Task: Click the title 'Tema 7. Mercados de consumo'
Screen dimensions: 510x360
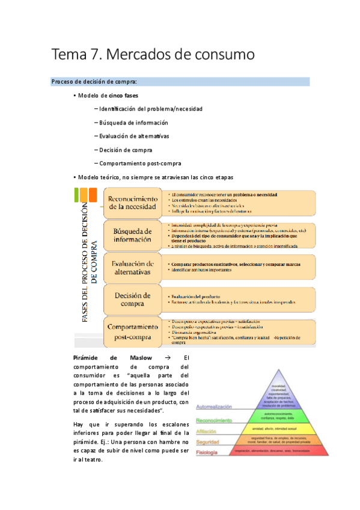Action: pyautogui.click(x=153, y=55)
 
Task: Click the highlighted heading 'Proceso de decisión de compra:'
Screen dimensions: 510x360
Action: pyautogui.click(x=94, y=81)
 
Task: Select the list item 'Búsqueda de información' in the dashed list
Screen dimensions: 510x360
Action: pyautogui.click(x=133, y=122)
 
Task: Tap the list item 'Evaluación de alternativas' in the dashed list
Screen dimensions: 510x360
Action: pyautogui.click(x=134, y=136)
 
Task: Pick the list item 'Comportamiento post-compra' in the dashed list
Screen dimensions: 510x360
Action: pyautogui.click(x=140, y=164)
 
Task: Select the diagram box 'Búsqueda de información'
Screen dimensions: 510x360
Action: pyautogui.click(x=132, y=235)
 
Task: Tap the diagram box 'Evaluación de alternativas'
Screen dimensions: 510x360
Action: pyautogui.click(x=132, y=268)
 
